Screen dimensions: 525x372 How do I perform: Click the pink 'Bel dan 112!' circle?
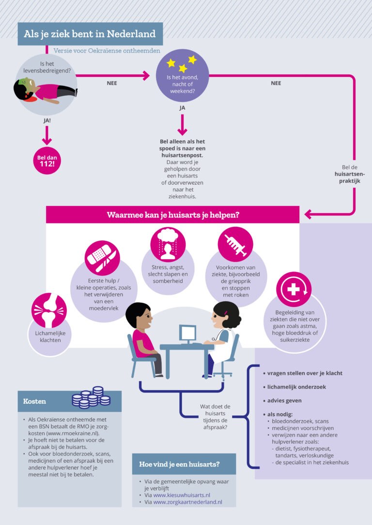(x=46, y=161)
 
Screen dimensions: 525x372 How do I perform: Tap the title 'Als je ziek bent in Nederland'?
(x=90, y=34)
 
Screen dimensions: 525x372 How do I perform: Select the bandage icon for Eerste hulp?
(x=102, y=255)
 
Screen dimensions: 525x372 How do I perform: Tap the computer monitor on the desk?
(x=188, y=334)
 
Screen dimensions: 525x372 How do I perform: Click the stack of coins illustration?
(x=92, y=397)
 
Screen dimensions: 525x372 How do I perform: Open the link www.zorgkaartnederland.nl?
(x=187, y=502)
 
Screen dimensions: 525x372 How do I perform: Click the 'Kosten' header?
(x=35, y=401)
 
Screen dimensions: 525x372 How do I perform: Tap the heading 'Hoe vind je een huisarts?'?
(x=179, y=464)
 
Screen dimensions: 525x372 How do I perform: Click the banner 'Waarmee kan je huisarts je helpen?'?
(x=172, y=215)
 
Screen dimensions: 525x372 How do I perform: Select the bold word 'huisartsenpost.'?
(x=182, y=155)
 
